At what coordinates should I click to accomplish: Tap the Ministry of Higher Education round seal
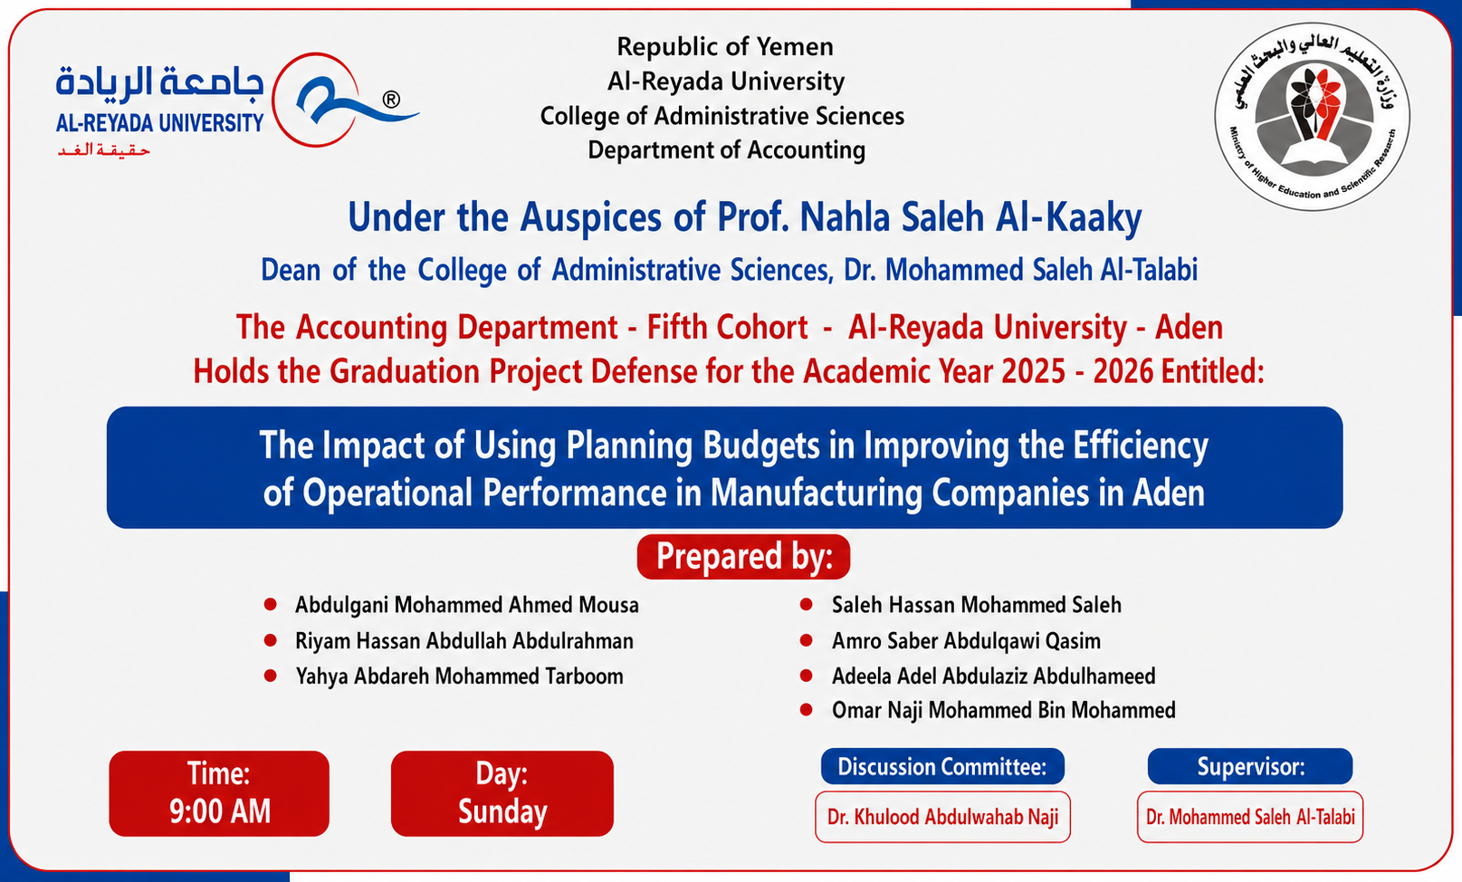click(1312, 117)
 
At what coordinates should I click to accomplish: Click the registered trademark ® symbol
click(391, 100)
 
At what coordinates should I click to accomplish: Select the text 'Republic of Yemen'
click(725, 47)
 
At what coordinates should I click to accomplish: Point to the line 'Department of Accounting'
click(726, 150)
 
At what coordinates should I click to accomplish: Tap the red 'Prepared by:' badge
click(743, 557)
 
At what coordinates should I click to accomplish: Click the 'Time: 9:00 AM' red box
click(219, 793)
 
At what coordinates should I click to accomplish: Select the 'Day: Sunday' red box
click(502, 793)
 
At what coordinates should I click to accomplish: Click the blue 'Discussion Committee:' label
click(942, 766)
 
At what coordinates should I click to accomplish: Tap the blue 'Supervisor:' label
click(1250, 766)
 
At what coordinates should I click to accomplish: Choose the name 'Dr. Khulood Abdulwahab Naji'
click(942, 817)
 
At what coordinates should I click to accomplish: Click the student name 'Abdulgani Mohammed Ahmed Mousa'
click(467, 605)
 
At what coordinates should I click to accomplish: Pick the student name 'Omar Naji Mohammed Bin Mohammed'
click(1004, 710)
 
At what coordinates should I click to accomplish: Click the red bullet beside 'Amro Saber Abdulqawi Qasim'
click(806, 640)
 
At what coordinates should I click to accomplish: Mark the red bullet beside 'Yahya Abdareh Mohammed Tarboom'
click(270, 676)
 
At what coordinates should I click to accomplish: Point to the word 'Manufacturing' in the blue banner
click(816, 494)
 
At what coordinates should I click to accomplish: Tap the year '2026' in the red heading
click(1123, 371)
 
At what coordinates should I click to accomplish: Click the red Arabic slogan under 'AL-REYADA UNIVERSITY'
click(104, 151)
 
